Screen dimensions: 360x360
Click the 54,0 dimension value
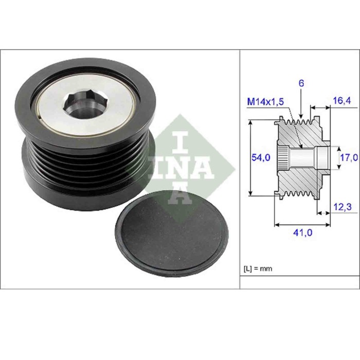coord(260,158)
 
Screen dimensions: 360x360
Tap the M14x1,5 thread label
coord(264,102)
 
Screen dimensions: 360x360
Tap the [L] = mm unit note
coord(258,268)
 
